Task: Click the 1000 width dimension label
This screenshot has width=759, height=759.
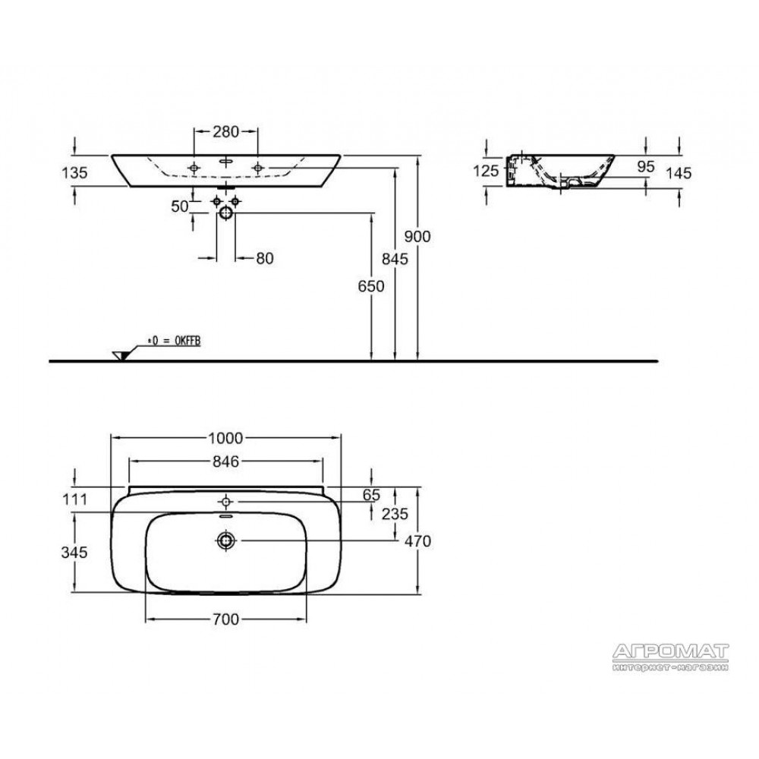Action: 225,438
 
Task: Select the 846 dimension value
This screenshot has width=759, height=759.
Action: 225,461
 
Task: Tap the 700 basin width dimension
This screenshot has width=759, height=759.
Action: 225,619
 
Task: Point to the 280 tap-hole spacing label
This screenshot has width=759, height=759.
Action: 226,131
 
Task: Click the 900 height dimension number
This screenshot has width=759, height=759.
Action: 417,237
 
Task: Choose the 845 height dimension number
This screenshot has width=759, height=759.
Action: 395,260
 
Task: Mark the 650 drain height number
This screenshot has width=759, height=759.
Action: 371,287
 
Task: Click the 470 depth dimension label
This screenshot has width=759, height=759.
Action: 417,541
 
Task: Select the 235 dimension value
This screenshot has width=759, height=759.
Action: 395,514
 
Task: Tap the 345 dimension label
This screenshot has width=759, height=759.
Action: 74,553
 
